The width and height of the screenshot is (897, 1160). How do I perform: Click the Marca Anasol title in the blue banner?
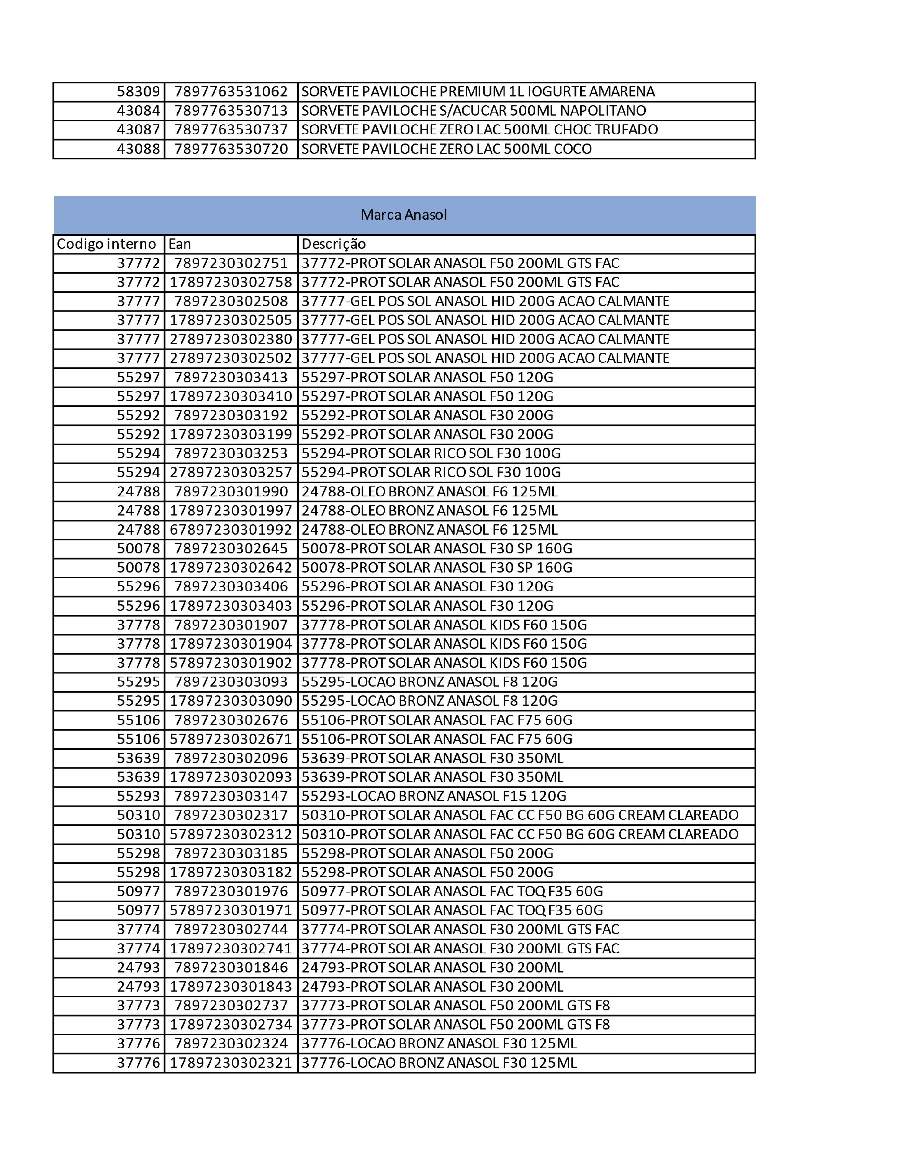point(403,215)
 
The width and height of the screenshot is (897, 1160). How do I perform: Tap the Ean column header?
point(180,244)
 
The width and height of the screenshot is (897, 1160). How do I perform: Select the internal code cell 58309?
point(138,91)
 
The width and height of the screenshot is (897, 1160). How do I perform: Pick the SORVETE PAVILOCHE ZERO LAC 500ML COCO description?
point(446,149)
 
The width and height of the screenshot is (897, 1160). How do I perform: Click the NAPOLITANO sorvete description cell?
point(473,111)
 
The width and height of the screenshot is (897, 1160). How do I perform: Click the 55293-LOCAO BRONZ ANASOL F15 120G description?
point(434,796)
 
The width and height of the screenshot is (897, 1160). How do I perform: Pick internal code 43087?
point(138,130)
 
